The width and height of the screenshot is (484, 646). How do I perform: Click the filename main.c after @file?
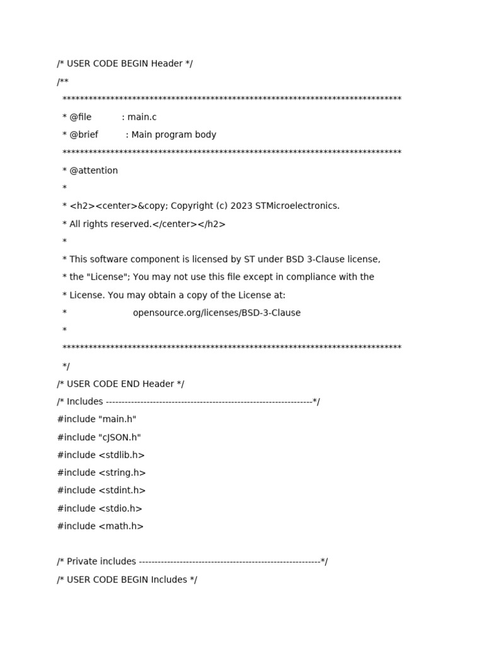point(142,117)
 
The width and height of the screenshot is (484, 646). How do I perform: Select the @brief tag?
point(84,134)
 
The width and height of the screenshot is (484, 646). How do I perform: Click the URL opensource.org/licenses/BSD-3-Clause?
point(217,313)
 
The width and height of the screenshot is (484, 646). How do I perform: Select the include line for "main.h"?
point(96,419)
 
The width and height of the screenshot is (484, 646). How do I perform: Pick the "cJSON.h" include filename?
point(120,437)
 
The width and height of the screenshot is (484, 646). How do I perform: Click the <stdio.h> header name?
point(120,508)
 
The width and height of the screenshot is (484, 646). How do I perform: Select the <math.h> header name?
point(121,526)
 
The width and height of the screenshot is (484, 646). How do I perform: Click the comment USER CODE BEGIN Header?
point(125,64)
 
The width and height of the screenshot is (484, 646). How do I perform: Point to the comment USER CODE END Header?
point(120,384)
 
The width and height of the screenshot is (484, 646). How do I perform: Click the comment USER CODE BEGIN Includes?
point(127,580)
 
